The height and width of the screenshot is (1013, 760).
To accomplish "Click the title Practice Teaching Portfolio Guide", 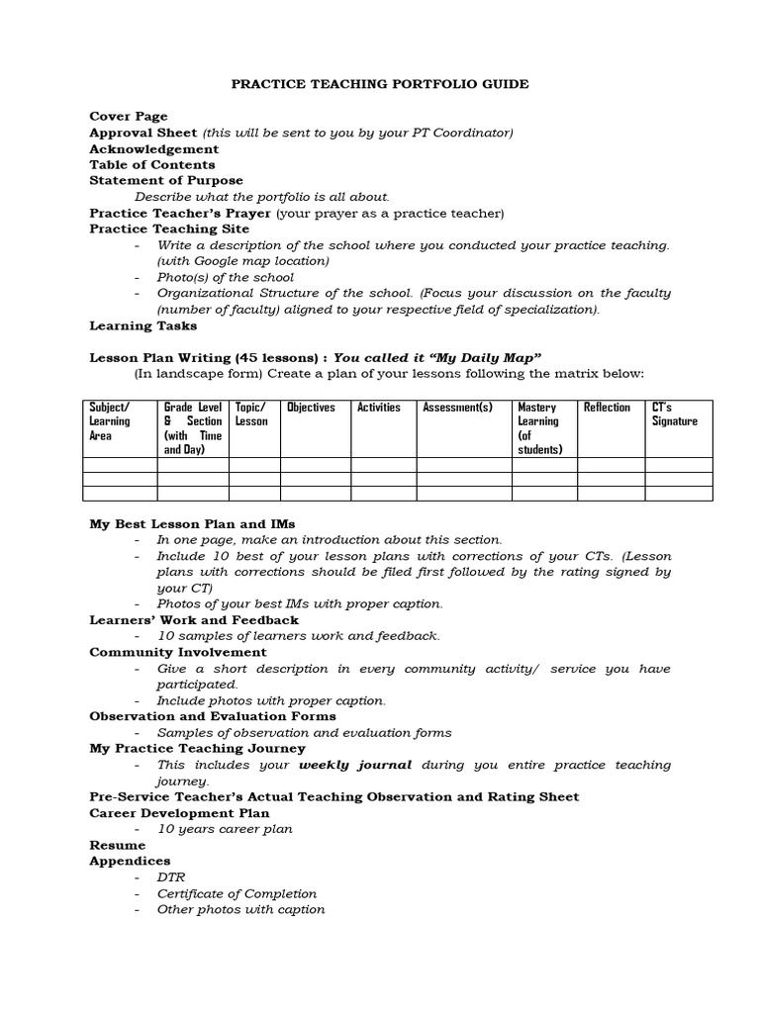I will pyautogui.click(x=380, y=84).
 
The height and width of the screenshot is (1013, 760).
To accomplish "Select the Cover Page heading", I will pyautogui.click(x=129, y=117).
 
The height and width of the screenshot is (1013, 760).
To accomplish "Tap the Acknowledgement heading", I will pyautogui.click(x=154, y=148).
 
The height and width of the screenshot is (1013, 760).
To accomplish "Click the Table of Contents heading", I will pyautogui.click(x=152, y=164).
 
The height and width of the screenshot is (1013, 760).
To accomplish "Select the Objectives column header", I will pyautogui.click(x=311, y=408).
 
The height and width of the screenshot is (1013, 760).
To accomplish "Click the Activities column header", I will pyautogui.click(x=379, y=408).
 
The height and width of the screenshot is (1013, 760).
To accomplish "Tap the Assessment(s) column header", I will pyautogui.click(x=457, y=408).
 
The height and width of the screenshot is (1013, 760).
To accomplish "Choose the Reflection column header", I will pyautogui.click(x=607, y=408).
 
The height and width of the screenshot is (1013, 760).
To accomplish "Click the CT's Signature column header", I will pyautogui.click(x=674, y=414).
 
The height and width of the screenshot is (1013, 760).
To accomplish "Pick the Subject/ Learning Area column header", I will pyautogui.click(x=110, y=421).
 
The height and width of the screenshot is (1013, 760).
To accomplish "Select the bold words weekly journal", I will pyautogui.click(x=355, y=765).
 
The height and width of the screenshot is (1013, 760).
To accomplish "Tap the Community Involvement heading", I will pyautogui.click(x=178, y=652).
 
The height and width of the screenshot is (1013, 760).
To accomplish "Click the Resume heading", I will pyautogui.click(x=118, y=845).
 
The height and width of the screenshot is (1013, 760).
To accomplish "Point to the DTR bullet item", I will pyautogui.click(x=171, y=877).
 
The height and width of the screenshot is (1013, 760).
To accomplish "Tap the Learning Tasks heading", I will pyautogui.click(x=143, y=325).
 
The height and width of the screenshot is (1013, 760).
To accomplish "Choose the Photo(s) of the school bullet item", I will pyautogui.click(x=226, y=277).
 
